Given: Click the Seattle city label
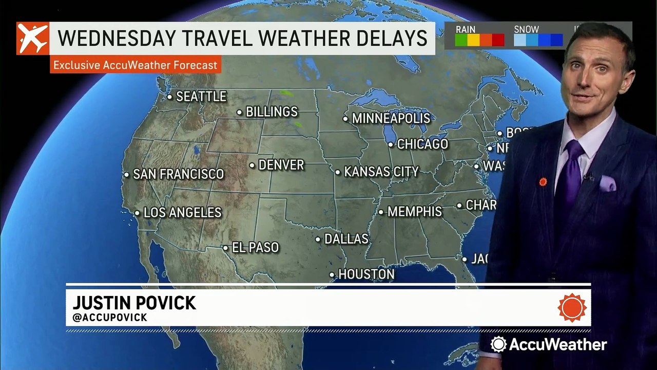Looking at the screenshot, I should point(201,97).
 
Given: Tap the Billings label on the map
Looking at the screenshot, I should point(272,112).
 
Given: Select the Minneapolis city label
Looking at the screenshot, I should point(391,118).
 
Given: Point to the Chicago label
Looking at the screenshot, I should point(422,144).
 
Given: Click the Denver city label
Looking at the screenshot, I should point(281,165).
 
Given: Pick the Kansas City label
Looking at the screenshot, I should point(381,172).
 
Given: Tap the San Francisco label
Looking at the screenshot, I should point(178,174).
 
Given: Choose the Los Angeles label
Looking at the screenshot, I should point(182,212).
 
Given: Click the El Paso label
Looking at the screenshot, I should point(255,248).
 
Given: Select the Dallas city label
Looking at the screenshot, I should point(346,239).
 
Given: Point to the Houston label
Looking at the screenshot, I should point(366,274).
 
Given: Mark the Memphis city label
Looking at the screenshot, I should point(414,212).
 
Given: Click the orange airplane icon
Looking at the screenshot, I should point(32,39).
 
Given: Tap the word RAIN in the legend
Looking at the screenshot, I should point(466,30).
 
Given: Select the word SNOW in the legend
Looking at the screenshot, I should point(526,30).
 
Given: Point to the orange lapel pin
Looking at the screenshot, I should point(543,181).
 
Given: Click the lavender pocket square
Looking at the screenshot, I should point(607,183).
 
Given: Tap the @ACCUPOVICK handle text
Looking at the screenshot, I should point(110,318).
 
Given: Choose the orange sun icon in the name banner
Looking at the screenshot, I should point(572,307).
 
